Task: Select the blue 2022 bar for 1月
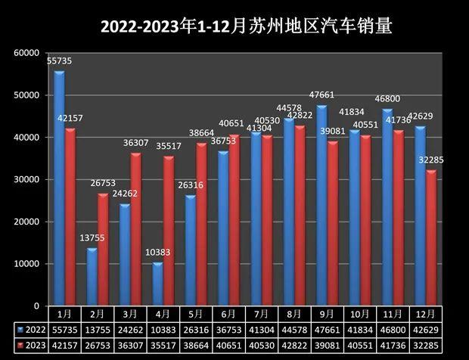pyautogui.click(x=59, y=189)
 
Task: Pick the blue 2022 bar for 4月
pyautogui.click(x=157, y=284)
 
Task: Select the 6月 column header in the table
pyautogui.click(x=228, y=314)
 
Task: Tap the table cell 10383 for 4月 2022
pyautogui.click(x=162, y=330)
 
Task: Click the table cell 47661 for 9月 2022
pyautogui.click(x=325, y=330)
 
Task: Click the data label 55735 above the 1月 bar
pyautogui.click(x=60, y=60)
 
